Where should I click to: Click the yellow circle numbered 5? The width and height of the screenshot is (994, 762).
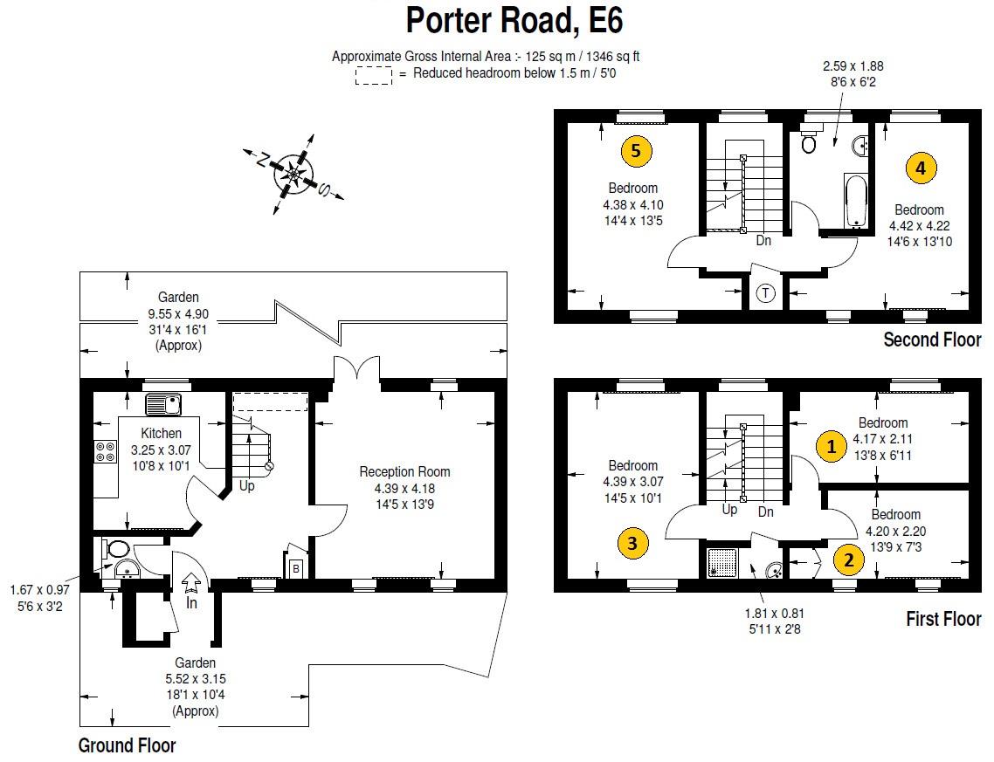coord(635,151)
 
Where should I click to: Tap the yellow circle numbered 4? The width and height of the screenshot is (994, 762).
coord(920,168)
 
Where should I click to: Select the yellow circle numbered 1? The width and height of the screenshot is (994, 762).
coord(831,447)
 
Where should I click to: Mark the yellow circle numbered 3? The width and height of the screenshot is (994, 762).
coord(632,544)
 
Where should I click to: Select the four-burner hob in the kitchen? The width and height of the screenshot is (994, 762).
coord(105,451)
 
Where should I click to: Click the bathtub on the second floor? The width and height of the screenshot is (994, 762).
coord(855,199)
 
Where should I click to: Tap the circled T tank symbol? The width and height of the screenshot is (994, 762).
coord(766,293)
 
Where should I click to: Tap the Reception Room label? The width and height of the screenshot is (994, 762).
coord(404,471)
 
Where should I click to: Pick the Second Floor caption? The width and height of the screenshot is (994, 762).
coord(932,340)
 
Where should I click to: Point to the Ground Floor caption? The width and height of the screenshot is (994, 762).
coord(127,745)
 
